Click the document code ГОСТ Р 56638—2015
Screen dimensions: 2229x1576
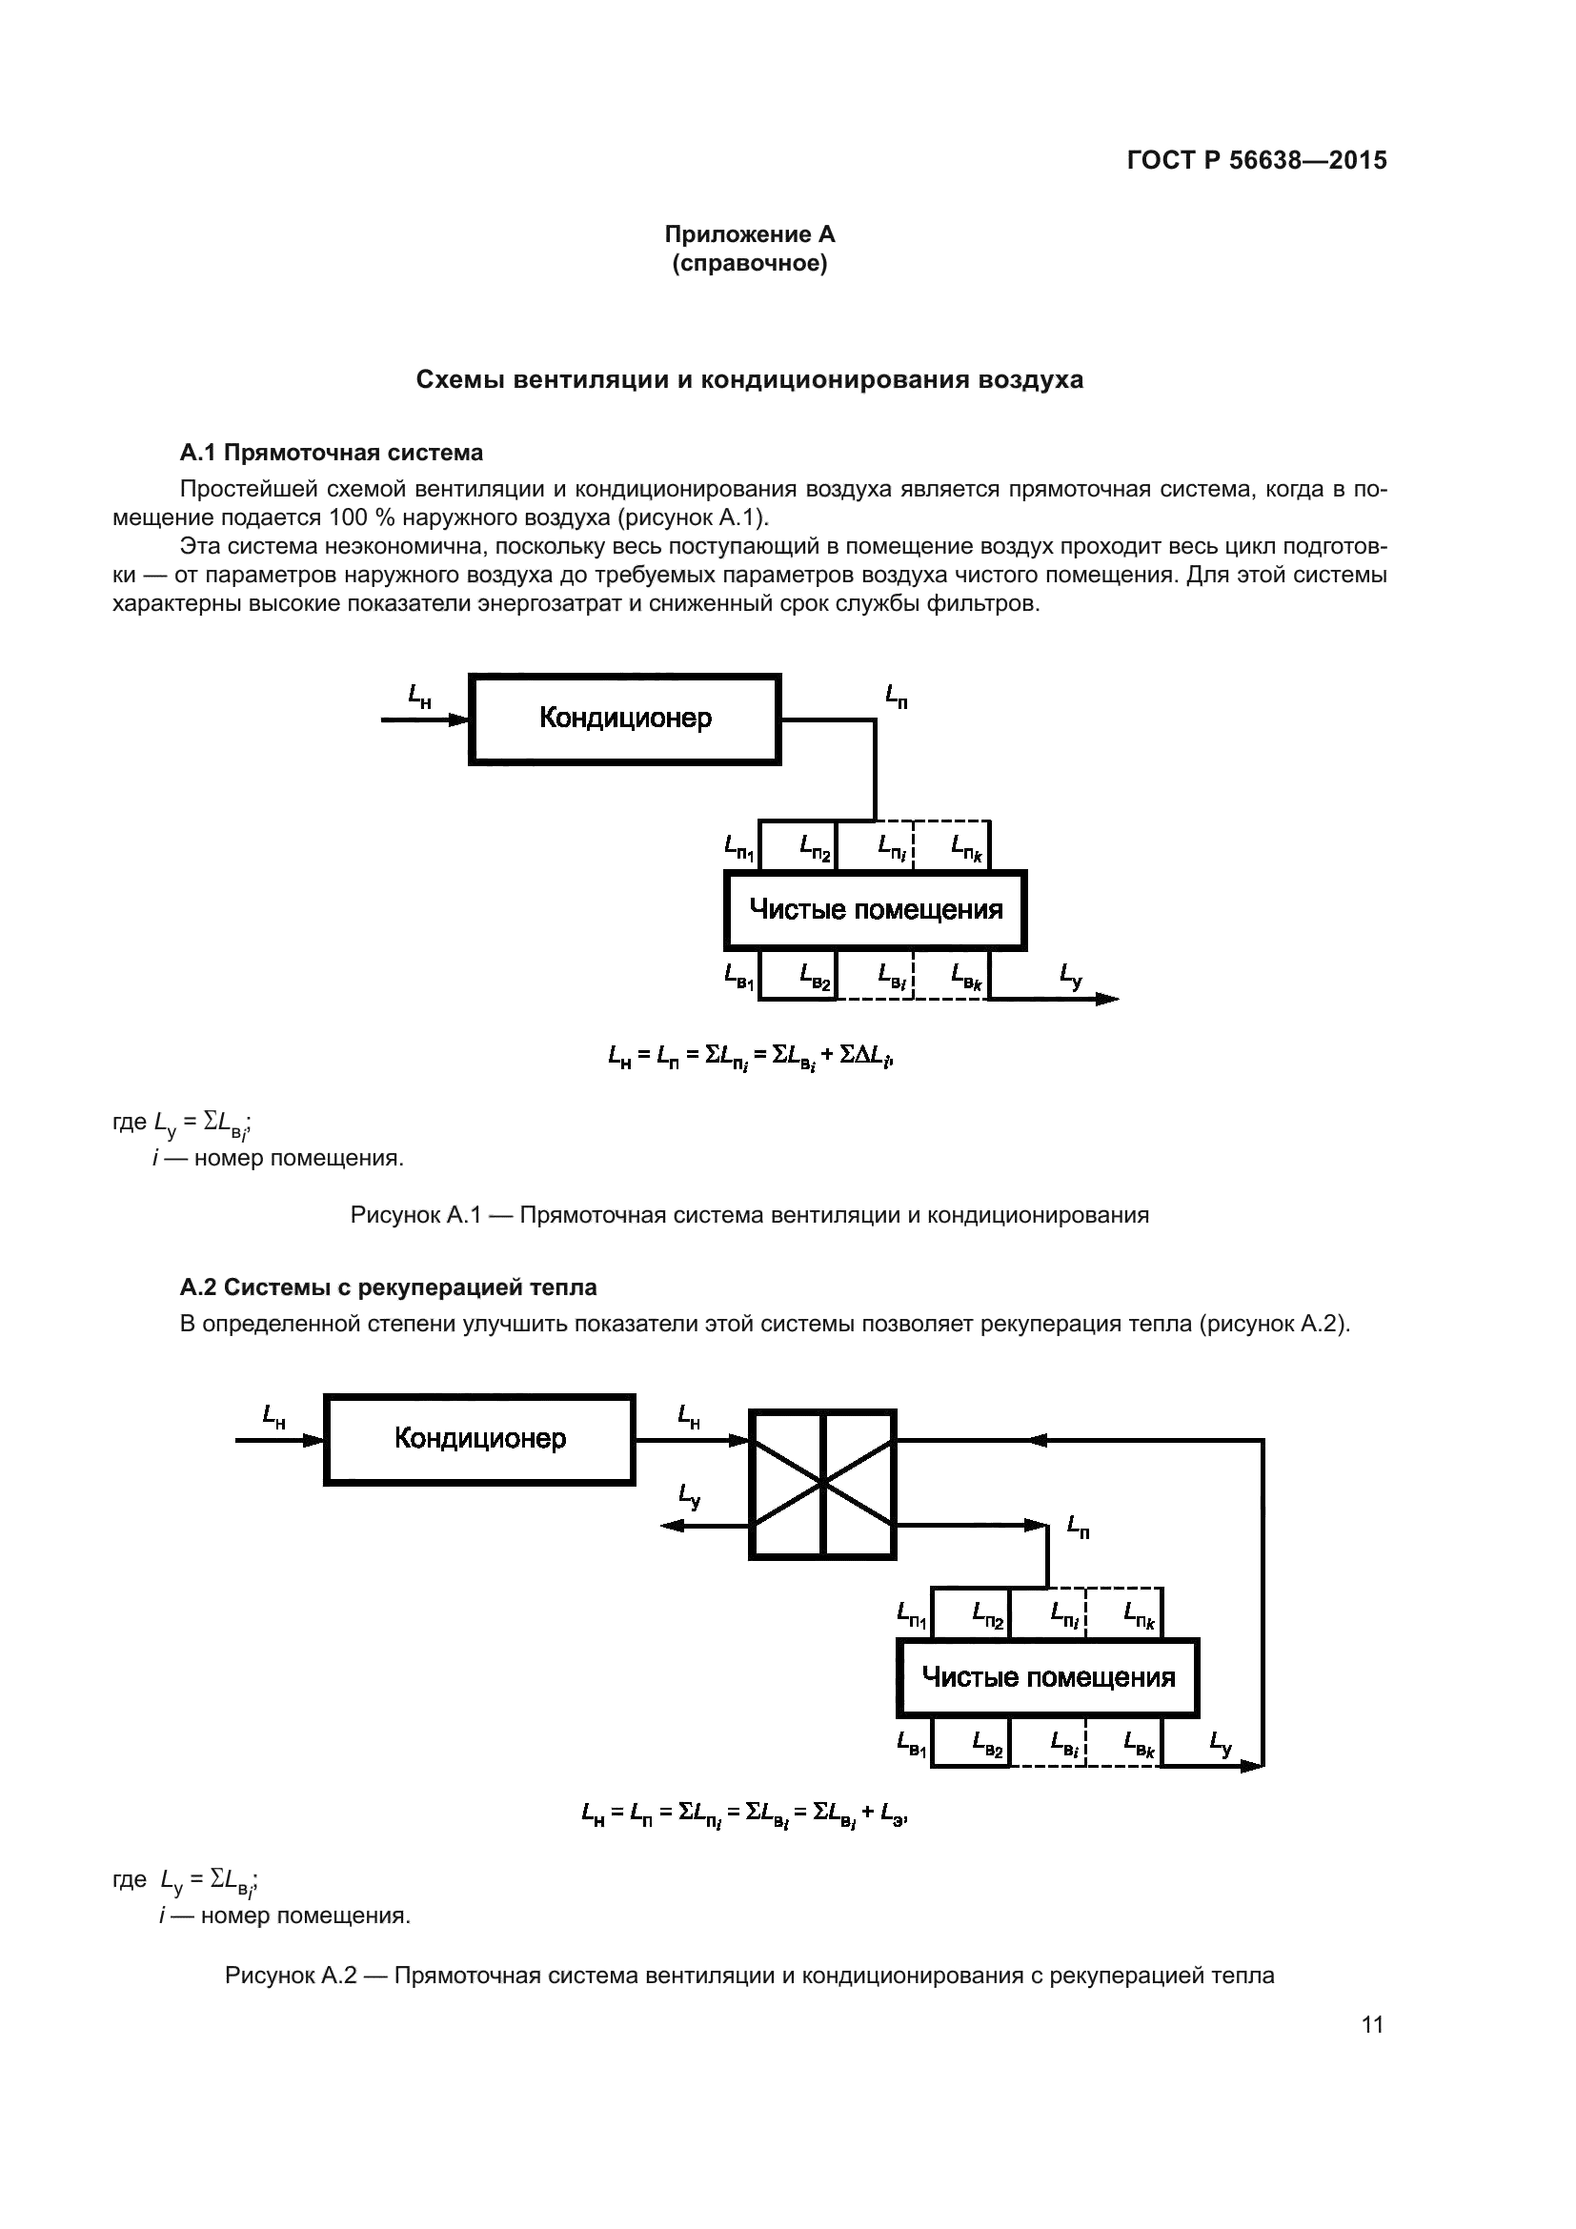[x=1257, y=160]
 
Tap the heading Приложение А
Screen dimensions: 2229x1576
[x=749, y=234]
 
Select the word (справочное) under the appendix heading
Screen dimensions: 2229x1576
[x=749, y=263]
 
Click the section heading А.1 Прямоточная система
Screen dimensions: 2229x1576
[x=331, y=453]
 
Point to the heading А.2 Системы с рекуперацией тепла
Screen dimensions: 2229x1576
[x=388, y=1287]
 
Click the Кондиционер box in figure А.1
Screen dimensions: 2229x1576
[x=625, y=719]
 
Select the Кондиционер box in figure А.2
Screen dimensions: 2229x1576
[x=479, y=1440]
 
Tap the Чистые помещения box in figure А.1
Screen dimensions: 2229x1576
[x=876, y=911]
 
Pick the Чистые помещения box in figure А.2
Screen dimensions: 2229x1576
[x=1048, y=1677]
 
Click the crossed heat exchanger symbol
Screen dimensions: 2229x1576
[x=823, y=1484]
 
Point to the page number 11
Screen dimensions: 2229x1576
[x=1372, y=2024]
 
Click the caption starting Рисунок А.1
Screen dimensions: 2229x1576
[x=749, y=1214]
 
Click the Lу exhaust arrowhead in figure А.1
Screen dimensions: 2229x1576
[x=1108, y=999]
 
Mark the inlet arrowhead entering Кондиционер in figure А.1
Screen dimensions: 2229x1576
[x=459, y=719]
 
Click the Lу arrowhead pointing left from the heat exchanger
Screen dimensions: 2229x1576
[x=671, y=1526]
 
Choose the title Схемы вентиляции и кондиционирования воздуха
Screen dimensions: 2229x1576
[x=749, y=379]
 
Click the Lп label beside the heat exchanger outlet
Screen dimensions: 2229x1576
[x=1078, y=1527]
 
